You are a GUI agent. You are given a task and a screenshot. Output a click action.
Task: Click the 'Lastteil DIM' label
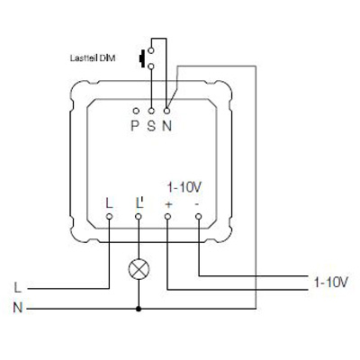click(93, 58)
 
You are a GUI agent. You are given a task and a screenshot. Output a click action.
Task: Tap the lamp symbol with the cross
click(139, 269)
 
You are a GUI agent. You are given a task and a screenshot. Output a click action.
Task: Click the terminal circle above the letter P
click(136, 111)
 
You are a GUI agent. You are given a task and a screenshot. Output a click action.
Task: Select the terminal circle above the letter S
click(151, 111)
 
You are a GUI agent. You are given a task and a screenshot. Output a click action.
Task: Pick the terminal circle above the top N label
click(167, 111)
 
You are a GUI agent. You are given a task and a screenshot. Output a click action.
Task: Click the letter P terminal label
click(135, 126)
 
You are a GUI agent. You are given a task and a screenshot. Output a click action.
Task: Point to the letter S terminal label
click(151, 126)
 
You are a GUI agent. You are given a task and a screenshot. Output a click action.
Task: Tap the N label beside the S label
click(167, 126)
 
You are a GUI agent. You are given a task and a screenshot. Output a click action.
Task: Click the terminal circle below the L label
click(109, 216)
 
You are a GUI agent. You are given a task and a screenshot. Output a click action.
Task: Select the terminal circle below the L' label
click(139, 216)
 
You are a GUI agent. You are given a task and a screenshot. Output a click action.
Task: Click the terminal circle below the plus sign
click(167, 216)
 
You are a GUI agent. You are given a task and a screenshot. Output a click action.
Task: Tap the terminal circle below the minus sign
click(198, 216)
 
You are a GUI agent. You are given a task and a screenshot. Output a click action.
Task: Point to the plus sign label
click(169, 204)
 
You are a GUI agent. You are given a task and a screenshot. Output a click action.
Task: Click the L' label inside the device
click(139, 203)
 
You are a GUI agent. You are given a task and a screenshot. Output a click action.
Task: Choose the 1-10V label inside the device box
click(184, 188)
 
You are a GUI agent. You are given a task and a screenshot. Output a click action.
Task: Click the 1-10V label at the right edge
click(330, 282)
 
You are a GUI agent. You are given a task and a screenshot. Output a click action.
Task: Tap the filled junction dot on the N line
click(139, 309)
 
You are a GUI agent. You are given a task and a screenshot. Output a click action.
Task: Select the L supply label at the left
click(18, 288)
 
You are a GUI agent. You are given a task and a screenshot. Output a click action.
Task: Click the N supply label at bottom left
click(18, 308)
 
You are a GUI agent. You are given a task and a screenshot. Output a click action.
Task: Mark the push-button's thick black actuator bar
click(141, 58)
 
